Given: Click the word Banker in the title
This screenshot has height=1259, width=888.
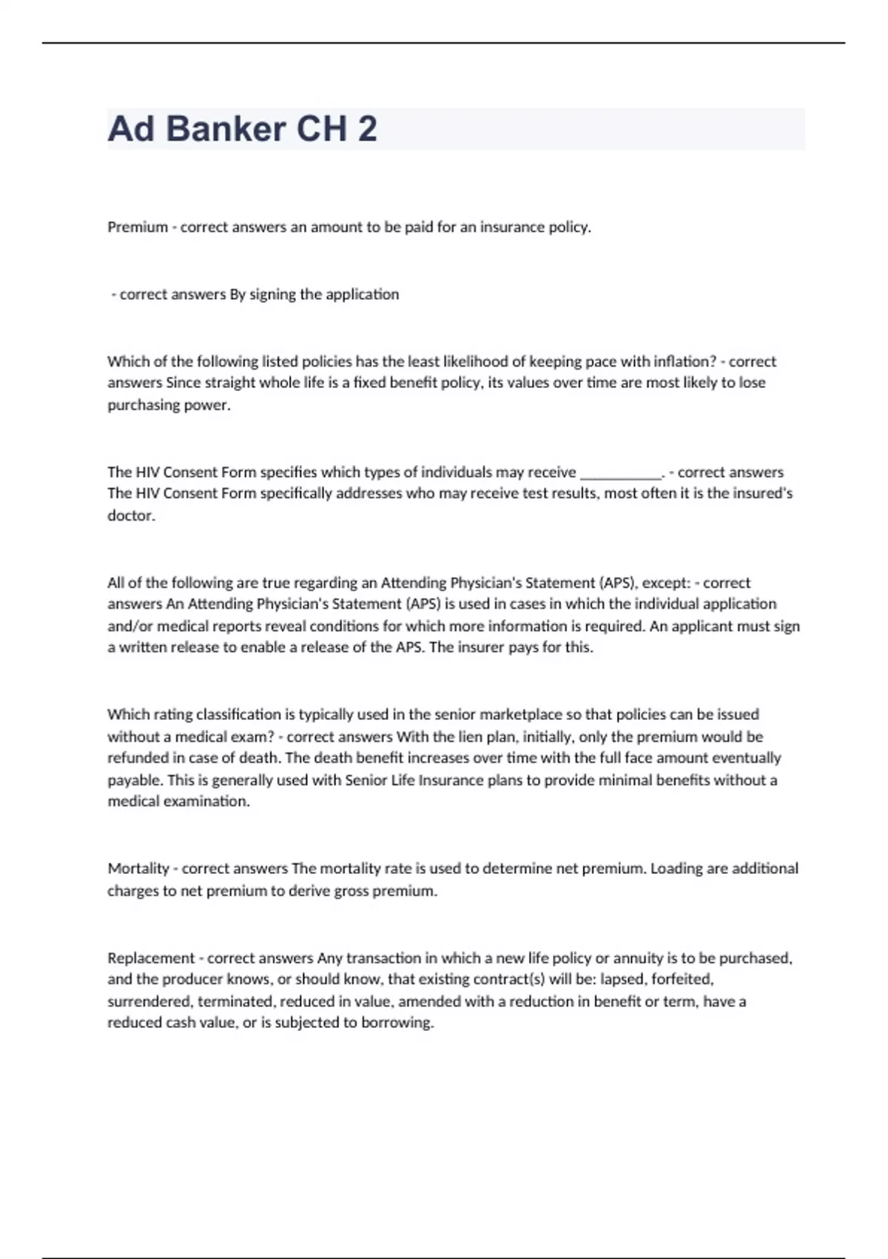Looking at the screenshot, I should point(226,129).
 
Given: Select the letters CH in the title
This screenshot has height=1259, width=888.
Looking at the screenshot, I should point(321,129).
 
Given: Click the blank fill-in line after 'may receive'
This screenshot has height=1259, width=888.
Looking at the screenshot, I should point(621,473).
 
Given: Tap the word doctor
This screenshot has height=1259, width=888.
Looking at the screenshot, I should point(130,515).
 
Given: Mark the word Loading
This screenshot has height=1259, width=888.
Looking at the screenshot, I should point(676,869).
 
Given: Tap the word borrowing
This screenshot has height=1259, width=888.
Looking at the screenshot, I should point(397,1023).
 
